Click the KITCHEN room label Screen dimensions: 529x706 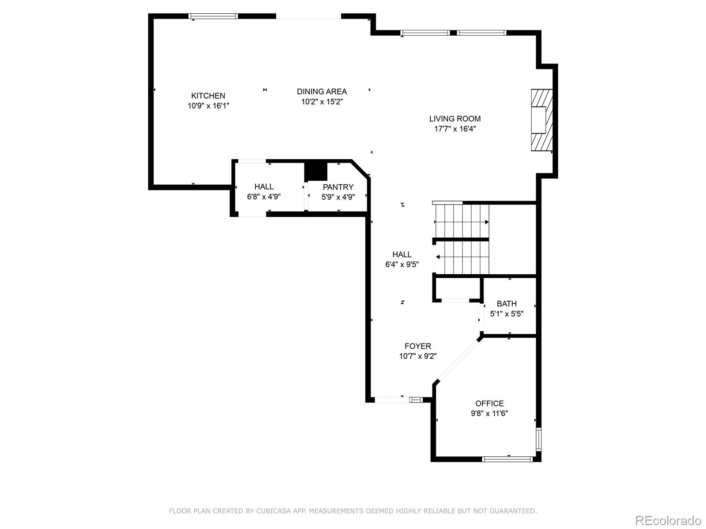point(208,96)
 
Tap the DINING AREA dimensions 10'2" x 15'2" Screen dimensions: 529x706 point(322,102)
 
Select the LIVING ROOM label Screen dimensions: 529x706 point(455,119)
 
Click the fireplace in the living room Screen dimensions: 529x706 point(541,120)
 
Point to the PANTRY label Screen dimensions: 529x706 point(338,187)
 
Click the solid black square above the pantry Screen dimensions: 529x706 point(316,171)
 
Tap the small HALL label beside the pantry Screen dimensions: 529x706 point(264,186)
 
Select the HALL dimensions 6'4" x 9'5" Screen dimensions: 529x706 point(402,264)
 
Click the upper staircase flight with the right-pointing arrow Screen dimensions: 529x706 point(462,221)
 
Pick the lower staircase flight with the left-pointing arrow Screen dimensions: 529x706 point(462,257)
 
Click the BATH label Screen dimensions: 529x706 point(507,304)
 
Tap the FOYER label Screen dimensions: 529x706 point(418,346)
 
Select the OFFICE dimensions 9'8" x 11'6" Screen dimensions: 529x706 point(489,414)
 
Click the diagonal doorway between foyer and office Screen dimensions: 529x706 point(458,360)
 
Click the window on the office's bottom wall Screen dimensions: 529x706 point(507,459)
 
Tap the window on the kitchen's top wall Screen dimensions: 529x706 point(213,16)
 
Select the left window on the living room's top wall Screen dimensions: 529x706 point(425,33)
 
